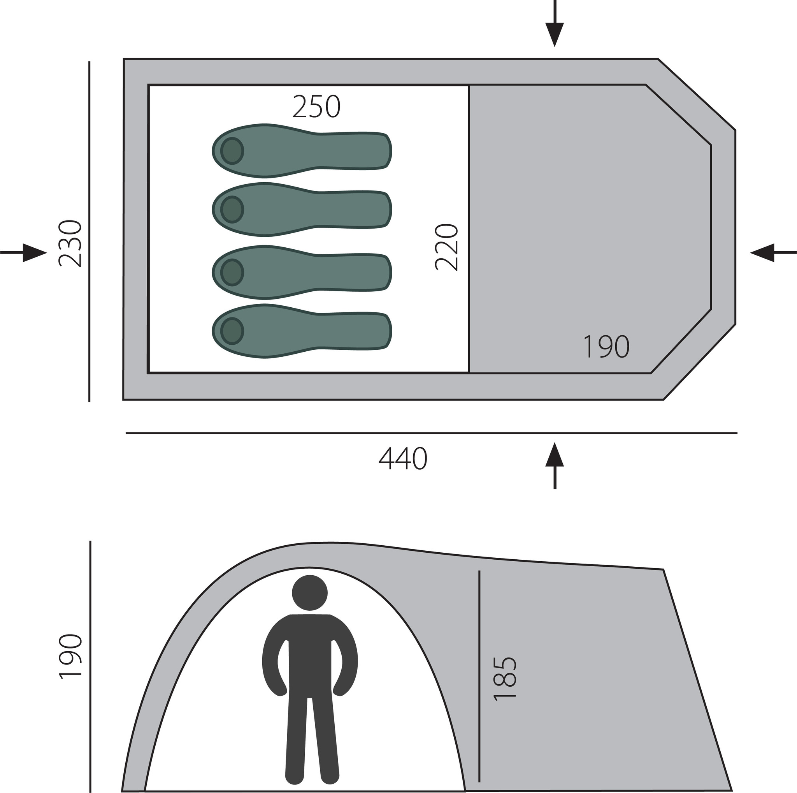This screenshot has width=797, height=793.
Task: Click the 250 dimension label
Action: pyautogui.click(x=316, y=107)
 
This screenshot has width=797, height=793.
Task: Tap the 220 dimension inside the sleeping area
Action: pyautogui.click(x=447, y=247)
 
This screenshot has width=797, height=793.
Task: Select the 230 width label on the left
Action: pyautogui.click(x=70, y=243)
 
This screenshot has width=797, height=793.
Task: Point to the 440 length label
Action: pyautogui.click(x=403, y=459)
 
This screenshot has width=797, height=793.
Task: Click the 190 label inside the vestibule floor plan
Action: pyautogui.click(x=606, y=347)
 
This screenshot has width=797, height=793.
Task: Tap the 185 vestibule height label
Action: pyautogui.click(x=505, y=678)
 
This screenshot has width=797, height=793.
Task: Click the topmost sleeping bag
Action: pyautogui.click(x=301, y=151)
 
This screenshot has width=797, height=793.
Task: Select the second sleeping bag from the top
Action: pyautogui.click(x=301, y=209)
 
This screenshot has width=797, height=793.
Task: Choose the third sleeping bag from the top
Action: pyautogui.click(x=301, y=272)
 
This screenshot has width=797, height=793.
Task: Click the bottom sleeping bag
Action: pyautogui.click(x=301, y=331)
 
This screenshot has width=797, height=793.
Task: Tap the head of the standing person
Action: pyautogui.click(x=309, y=593)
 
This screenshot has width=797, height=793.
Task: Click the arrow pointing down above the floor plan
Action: pyautogui.click(x=555, y=29)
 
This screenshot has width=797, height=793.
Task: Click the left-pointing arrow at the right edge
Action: pyautogui.click(x=772, y=252)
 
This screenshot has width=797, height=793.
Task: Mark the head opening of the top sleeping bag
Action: pyautogui.click(x=232, y=151)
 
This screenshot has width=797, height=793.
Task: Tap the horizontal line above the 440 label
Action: pyautogui.click(x=431, y=434)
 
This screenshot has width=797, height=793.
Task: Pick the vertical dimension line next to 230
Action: pyautogui.click(x=89, y=231)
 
